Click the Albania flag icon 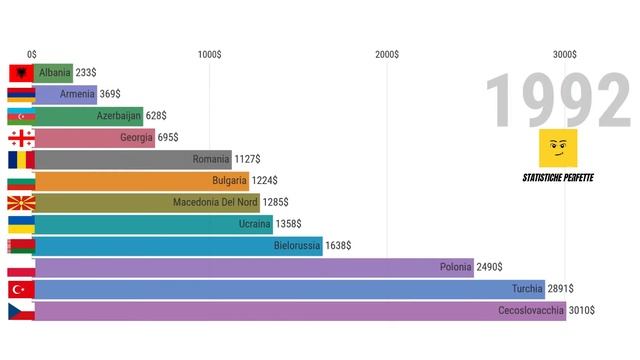pos(21,73)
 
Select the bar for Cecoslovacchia pos(300,311)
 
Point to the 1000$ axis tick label pos(209,54)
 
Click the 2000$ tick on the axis pos(387,54)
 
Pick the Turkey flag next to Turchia pos(21,289)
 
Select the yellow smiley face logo pos(557,149)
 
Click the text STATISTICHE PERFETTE pos(558,177)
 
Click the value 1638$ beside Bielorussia pos(342,245)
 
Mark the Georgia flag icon pos(21,138)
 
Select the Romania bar pos(133,159)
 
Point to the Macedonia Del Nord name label pos(215,202)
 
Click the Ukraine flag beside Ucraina pos(21,224)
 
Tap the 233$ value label pos(86,73)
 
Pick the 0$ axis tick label pos(32,54)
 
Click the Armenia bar pos(66,95)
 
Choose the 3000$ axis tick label pos(565,54)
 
